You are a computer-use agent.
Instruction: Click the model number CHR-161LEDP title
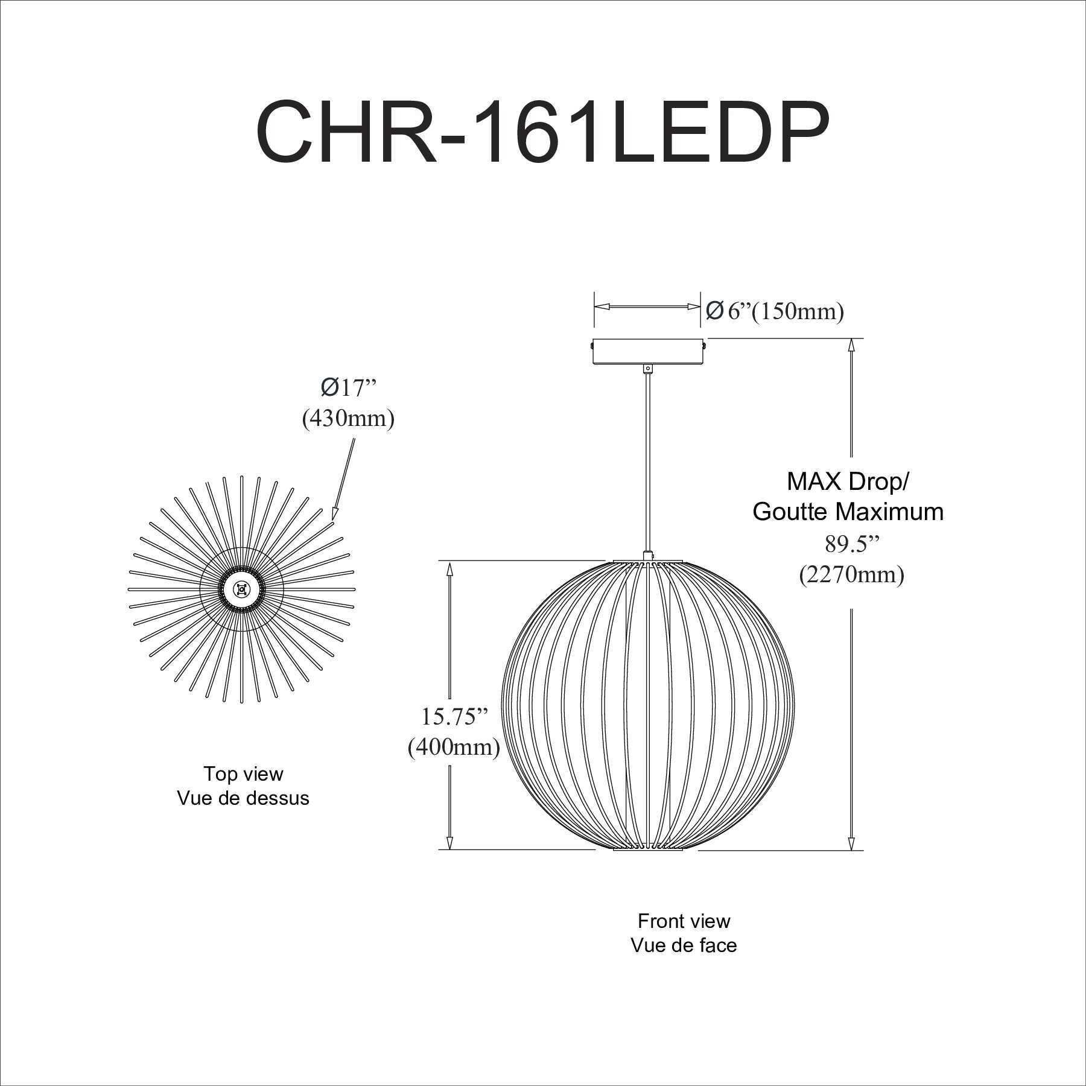pyautogui.click(x=542, y=131)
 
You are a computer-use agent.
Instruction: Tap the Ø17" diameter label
pyautogui.click(x=348, y=389)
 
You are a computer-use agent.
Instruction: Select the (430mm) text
pyautogui.click(x=348, y=418)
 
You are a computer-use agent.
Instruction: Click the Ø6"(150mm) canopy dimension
pyautogui.click(x=775, y=311)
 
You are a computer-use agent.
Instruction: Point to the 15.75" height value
pyautogui.click(x=454, y=717)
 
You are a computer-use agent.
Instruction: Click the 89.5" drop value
pyautogui.click(x=852, y=544)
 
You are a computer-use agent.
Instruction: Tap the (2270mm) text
pyautogui.click(x=852, y=574)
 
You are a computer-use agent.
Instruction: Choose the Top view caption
pyautogui.click(x=243, y=773)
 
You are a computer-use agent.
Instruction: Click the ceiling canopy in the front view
pyautogui.click(x=647, y=352)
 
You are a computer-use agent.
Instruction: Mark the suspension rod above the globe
pyautogui.click(x=647, y=459)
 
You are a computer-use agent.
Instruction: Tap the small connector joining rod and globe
pyautogui.click(x=647, y=554)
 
